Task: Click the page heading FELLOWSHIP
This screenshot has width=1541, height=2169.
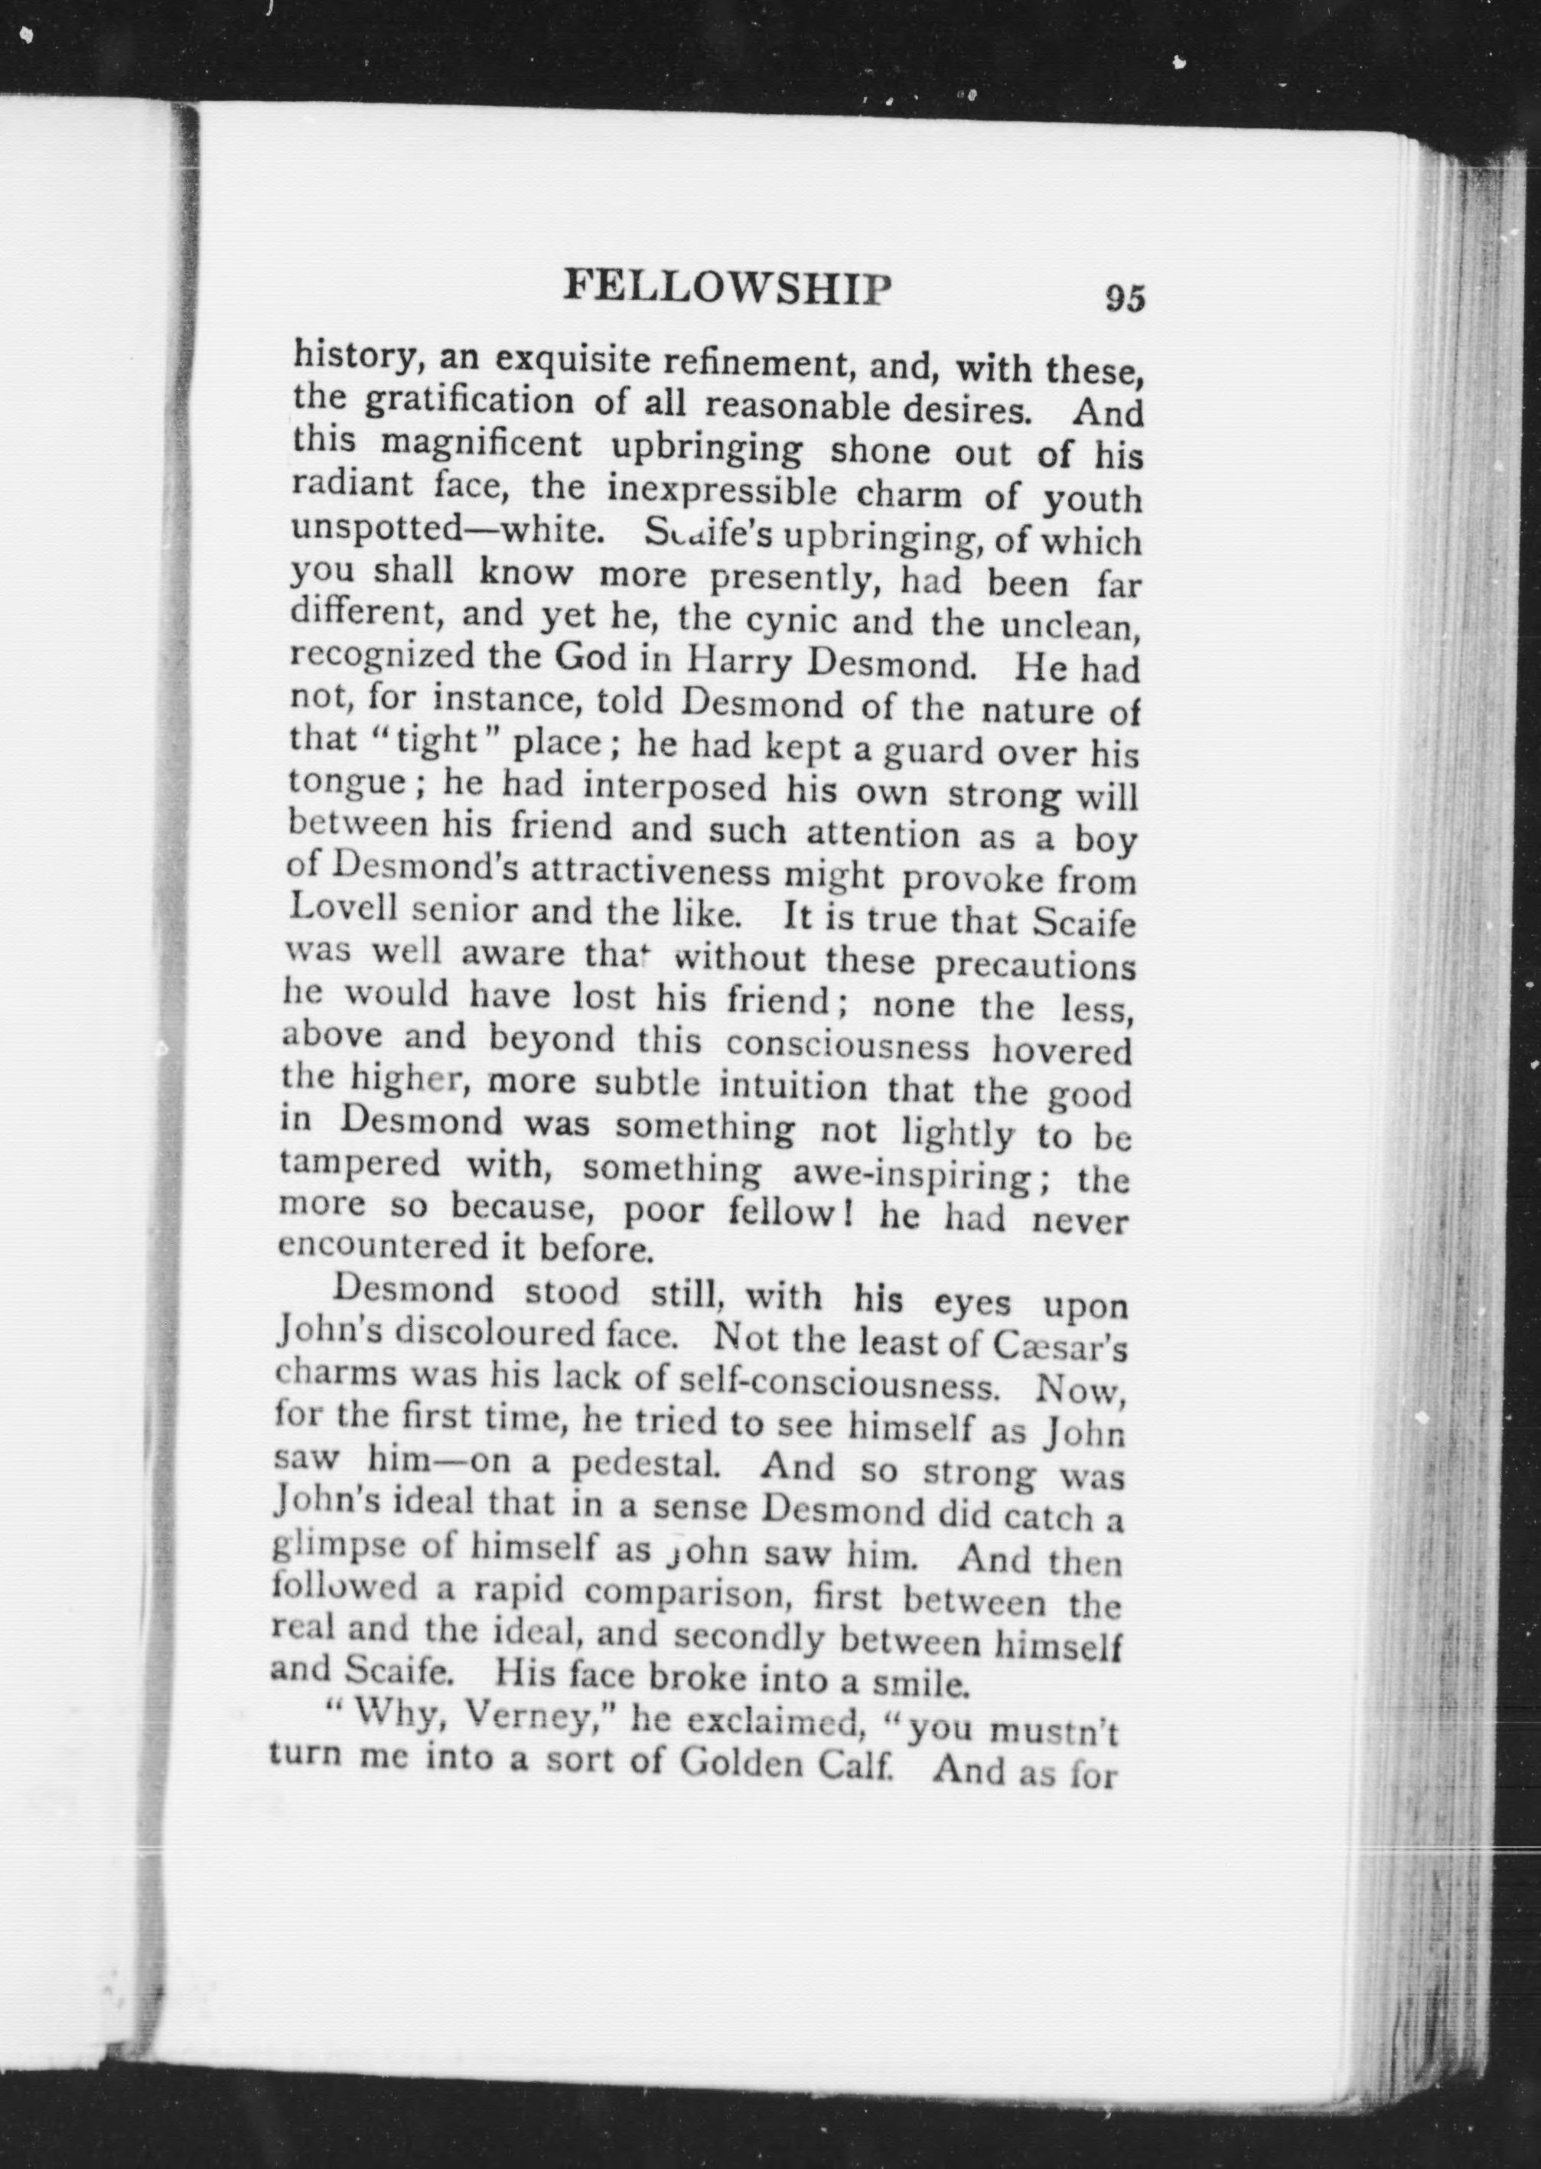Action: pyautogui.click(x=728, y=287)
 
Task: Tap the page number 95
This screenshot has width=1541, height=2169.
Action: pyautogui.click(x=1125, y=298)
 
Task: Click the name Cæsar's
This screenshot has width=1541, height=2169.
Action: pyautogui.click(x=1060, y=1347)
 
